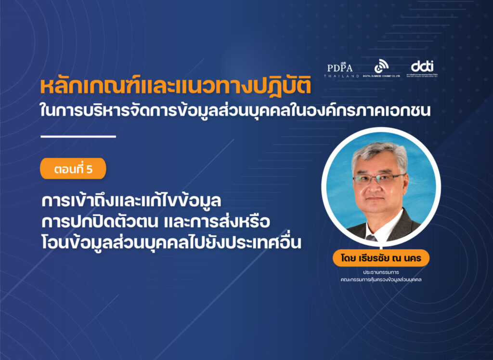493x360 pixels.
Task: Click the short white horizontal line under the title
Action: [x=78, y=137]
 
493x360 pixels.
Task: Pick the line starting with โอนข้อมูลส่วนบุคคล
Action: [x=171, y=243]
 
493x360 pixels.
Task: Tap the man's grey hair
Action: [x=380, y=153]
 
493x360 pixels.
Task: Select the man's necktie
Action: [x=371, y=237]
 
